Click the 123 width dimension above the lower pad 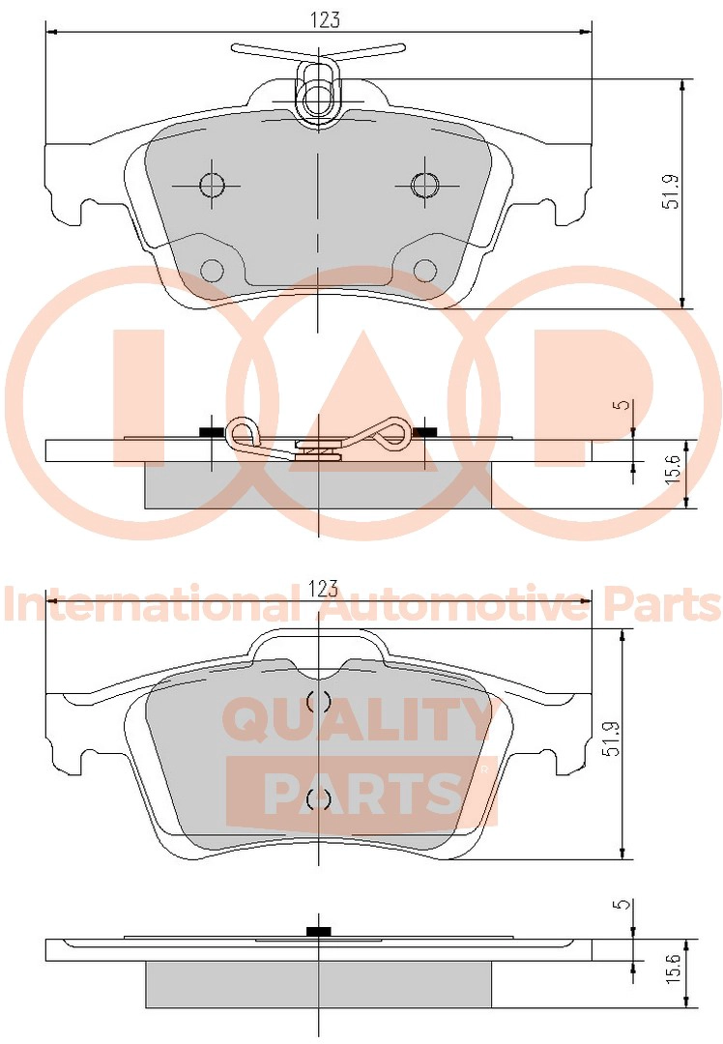click(x=324, y=589)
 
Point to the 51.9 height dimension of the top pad click(x=672, y=191)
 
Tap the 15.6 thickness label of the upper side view click(x=672, y=469)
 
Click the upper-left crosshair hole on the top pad click(x=213, y=185)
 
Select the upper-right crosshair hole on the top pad click(x=424, y=185)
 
